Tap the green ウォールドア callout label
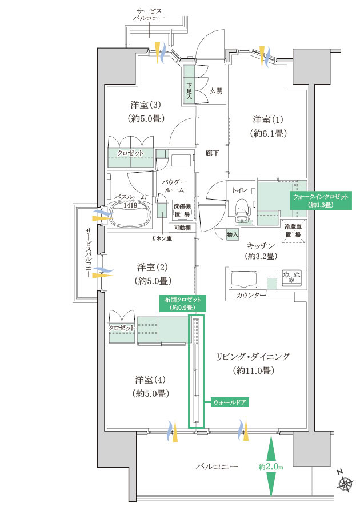[229, 402]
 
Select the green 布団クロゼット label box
[182, 303]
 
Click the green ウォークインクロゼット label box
[321, 201]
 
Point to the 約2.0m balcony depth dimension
[271, 467]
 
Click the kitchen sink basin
[245, 279]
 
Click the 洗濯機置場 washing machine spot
[182, 210]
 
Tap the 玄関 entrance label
[216, 90]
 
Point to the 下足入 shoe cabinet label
[189, 92]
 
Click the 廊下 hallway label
[212, 153]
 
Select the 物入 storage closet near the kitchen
[233, 235]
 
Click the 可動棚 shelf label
[182, 228]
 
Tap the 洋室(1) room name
[267, 119]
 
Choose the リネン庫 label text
[162, 239]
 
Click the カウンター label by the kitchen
[251, 296]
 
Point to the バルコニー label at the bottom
[217, 466]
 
